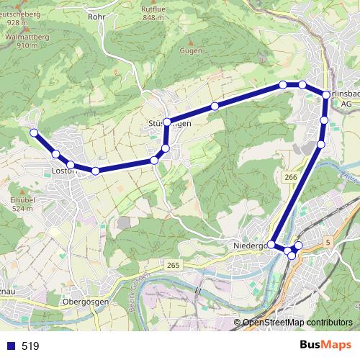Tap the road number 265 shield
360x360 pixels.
[x=173, y=266]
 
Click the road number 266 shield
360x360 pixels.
[x=291, y=177]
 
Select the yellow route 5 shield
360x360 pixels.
[x=328, y=243]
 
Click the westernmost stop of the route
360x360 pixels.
[x=33, y=132]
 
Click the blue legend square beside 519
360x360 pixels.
[x=11, y=346]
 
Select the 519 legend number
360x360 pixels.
[x=30, y=346]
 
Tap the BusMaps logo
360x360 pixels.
[x=325, y=345]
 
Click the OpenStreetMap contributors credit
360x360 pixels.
[x=297, y=323]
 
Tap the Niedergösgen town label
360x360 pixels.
[x=249, y=246]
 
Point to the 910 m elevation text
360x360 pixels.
[x=27, y=45]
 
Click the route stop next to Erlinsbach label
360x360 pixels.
[x=326, y=95]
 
